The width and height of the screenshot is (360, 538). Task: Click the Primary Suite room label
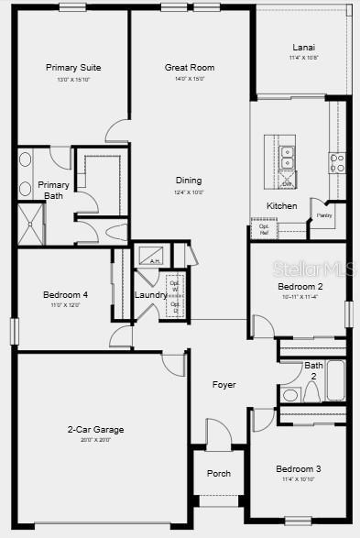pyautogui.click(x=73, y=68)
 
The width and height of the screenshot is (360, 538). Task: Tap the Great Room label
pyautogui.click(x=190, y=68)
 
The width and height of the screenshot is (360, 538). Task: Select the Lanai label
pyautogui.click(x=303, y=48)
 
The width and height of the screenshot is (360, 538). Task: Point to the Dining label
pyautogui.click(x=189, y=181)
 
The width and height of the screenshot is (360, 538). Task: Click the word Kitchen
pyautogui.click(x=281, y=206)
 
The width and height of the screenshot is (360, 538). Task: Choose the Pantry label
pyautogui.click(x=324, y=216)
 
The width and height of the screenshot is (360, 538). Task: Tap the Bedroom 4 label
pyautogui.click(x=65, y=295)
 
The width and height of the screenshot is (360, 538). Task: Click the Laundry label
pyautogui.click(x=150, y=295)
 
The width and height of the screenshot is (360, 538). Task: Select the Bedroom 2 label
pyautogui.click(x=300, y=287)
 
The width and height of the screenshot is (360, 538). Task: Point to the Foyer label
pyautogui.click(x=224, y=385)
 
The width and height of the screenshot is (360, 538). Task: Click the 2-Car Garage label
pyautogui.click(x=95, y=430)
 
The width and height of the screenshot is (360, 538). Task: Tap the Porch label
pyautogui.click(x=219, y=474)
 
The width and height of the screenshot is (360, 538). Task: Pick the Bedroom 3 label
pyautogui.click(x=299, y=470)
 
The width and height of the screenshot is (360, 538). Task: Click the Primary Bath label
pyautogui.click(x=53, y=190)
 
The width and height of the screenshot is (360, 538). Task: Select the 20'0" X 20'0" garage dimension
pyautogui.click(x=95, y=440)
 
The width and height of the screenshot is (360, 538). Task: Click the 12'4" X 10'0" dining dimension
pyautogui.click(x=189, y=192)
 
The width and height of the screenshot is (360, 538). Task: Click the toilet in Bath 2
pyautogui.click(x=291, y=395)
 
